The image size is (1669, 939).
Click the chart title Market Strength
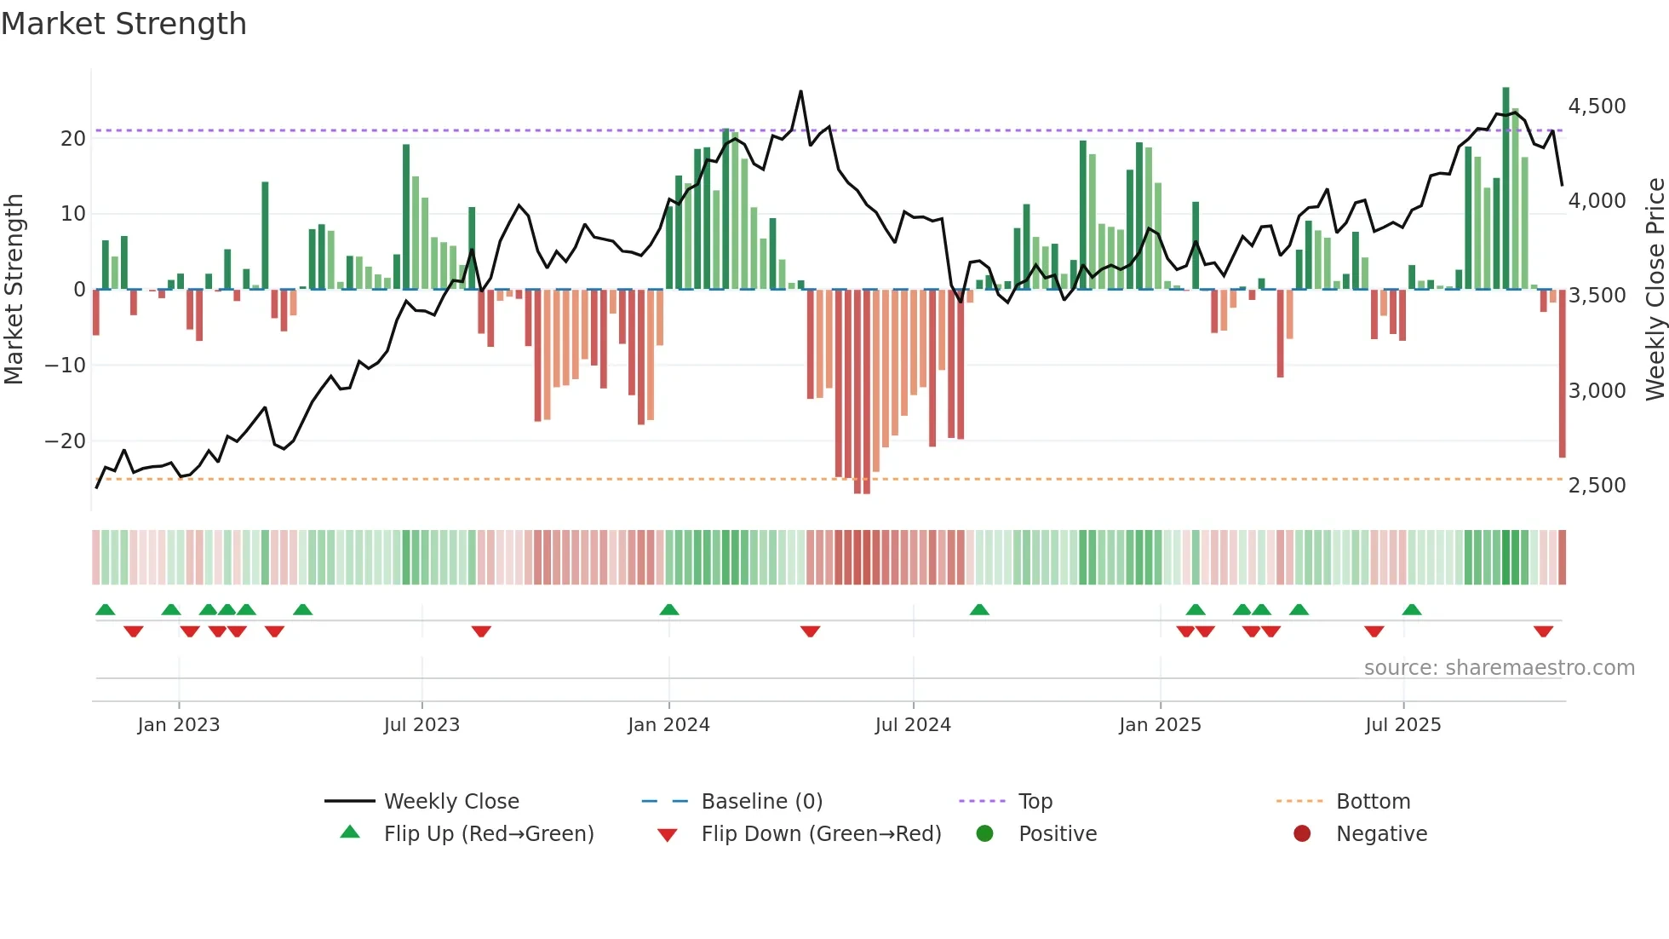(123, 24)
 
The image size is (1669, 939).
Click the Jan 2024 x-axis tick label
(668, 724)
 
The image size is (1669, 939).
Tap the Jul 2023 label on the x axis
(422, 724)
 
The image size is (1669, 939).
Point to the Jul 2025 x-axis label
(1402, 724)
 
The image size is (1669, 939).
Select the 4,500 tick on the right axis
(1597, 107)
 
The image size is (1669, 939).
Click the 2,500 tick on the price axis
(1597, 485)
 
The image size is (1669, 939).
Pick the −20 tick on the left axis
(66, 441)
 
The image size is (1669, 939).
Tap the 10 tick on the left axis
(73, 214)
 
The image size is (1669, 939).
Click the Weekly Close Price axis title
(1655, 290)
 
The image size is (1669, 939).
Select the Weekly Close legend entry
(450, 801)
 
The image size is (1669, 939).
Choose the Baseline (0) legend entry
(761, 801)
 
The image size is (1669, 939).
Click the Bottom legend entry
(1373, 801)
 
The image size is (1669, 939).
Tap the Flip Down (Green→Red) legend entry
(821, 833)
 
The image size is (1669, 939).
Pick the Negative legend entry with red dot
(1381, 833)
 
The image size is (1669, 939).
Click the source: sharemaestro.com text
(1499, 667)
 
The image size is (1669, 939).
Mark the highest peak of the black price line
(800, 91)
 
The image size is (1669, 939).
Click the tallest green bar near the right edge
(1506, 187)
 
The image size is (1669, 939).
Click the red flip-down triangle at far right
(1543, 631)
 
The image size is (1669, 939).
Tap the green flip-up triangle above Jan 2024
(669, 609)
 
